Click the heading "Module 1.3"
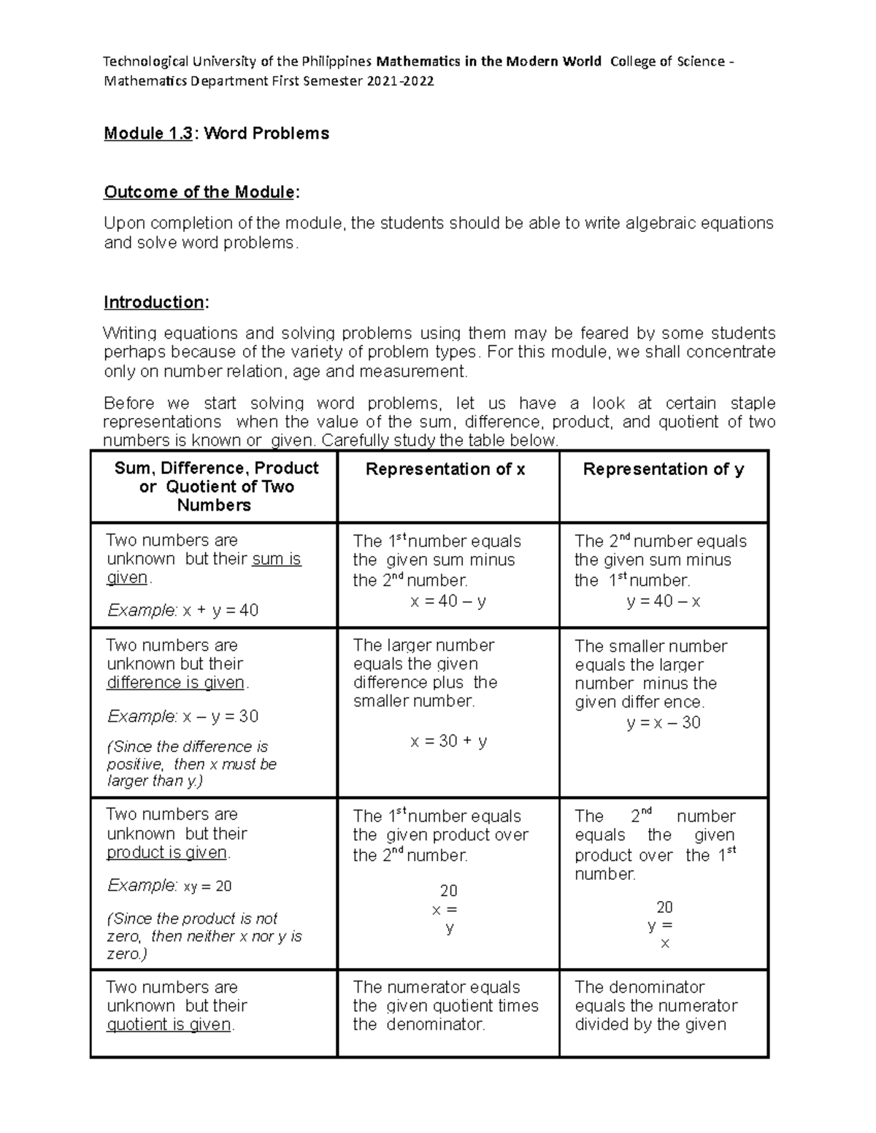coord(148,134)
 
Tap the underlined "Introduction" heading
coord(154,302)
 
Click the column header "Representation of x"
coord(445,469)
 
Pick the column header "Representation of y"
coord(664,469)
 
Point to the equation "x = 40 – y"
coord(448,601)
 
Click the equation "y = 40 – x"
coord(664,601)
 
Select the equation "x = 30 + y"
coord(448,741)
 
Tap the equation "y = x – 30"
coord(664,722)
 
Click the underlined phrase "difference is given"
coord(175,683)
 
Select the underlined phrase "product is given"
coord(167,852)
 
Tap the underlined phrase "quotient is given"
coord(169,1024)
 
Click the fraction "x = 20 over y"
coord(447,910)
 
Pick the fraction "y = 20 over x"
coord(661,925)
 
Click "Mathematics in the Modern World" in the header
coord(488,61)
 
